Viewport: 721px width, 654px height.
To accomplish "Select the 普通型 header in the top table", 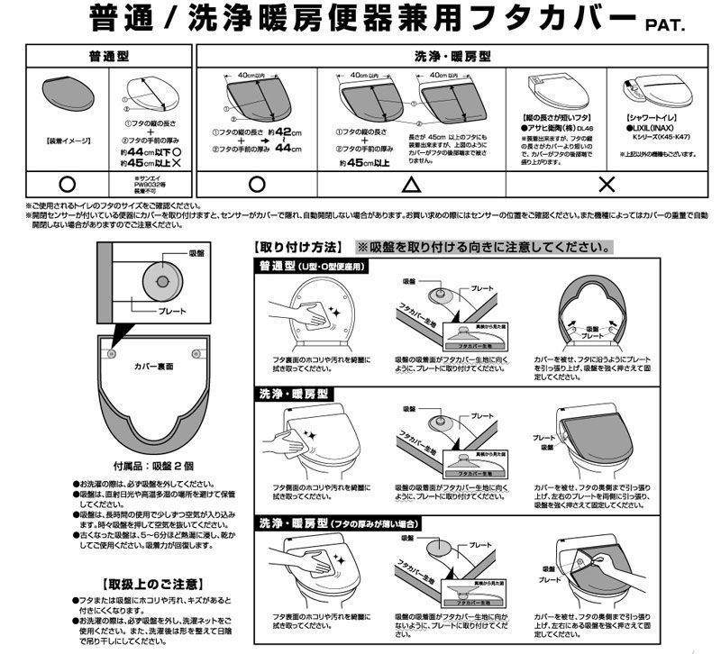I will (x=107, y=56).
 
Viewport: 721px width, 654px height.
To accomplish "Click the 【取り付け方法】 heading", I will (x=299, y=246).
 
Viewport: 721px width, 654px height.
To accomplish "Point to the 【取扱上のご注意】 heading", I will (x=151, y=584).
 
